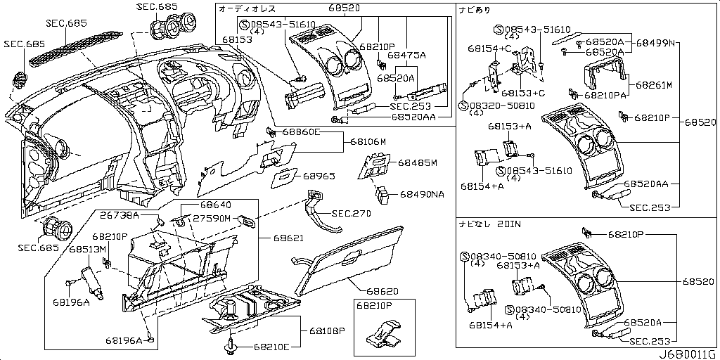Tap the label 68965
pyautogui.click(x=319, y=176)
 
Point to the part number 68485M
pyautogui.click(x=418, y=163)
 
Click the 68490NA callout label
pyautogui.click(x=422, y=194)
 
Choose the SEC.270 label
pyautogui.click(x=351, y=212)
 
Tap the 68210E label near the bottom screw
pyautogui.click(x=272, y=347)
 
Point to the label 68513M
pyautogui.click(x=86, y=250)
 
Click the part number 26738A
pyautogui.click(x=119, y=214)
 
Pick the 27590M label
pyautogui.click(x=212, y=219)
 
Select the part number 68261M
pyautogui.click(x=654, y=85)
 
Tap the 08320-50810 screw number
pyautogui.click(x=496, y=105)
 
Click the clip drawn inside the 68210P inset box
pyautogui.click(x=382, y=335)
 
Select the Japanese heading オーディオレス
pyautogui.click(x=247, y=9)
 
